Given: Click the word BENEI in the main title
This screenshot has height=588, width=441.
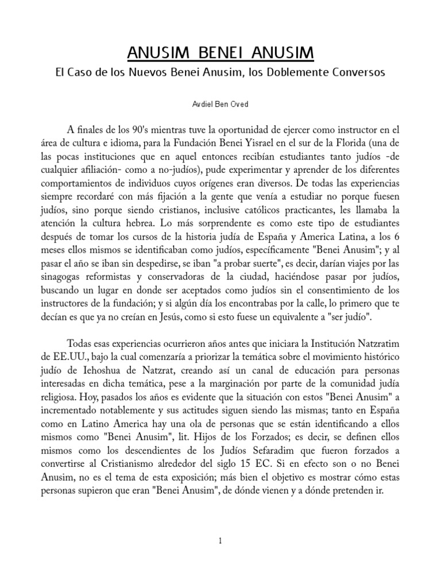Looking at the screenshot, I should (221, 53).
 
